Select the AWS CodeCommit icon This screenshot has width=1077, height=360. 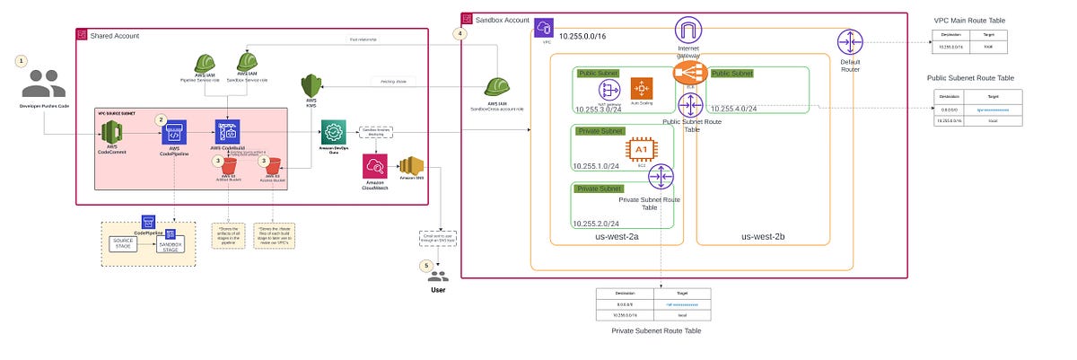tap(112, 136)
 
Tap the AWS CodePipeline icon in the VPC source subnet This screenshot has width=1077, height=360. tap(173, 136)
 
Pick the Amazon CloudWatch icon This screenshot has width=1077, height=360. tap(374, 166)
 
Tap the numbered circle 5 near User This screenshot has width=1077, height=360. tap(427, 266)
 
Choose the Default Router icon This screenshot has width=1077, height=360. tap(848, 41)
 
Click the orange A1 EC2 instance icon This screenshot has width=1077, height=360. tap(641, 150)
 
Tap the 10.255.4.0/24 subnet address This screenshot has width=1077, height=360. tap(735, 110)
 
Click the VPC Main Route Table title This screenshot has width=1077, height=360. tap(970, 18)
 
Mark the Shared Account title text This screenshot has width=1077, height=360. tap(115, 35)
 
